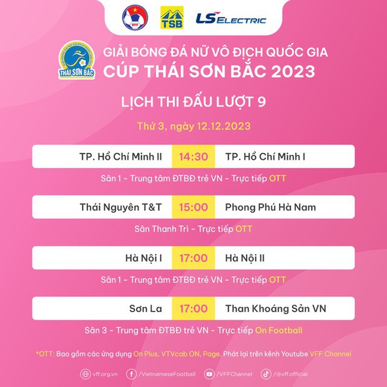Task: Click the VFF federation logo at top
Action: [x=135, y=17]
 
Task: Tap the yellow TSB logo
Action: [x=172, y=17]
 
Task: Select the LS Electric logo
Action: [x=231, y=19]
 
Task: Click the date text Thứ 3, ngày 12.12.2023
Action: [x=193, y=126]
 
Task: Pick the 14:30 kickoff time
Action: [x=193, y=156]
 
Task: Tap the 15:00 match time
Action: [x=193, y=207]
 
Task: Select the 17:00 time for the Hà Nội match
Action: [x=193, y=258]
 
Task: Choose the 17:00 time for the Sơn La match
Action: [x=193, y=308]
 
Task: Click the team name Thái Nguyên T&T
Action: [x=121, y=207]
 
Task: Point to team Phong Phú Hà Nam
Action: [x=270, y=207]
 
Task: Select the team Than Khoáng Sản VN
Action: [x=275, y=308]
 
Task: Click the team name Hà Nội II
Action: [x=248, y=258]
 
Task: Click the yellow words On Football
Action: [x=278, y=330]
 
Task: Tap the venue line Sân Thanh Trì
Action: [x=164, y=229]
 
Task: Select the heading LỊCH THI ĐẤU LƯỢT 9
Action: [x=193, y=102]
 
